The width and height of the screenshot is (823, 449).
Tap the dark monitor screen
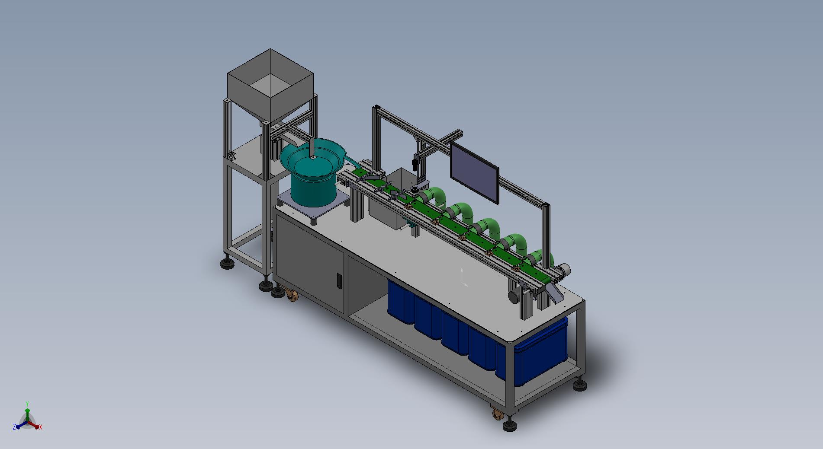click(x=475, y=172)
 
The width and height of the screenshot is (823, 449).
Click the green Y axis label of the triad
click(x=27, y=404)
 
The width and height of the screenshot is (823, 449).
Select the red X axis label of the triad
click(x=41, y=427)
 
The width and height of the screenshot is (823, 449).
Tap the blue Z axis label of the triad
click(x=14, y=427)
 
